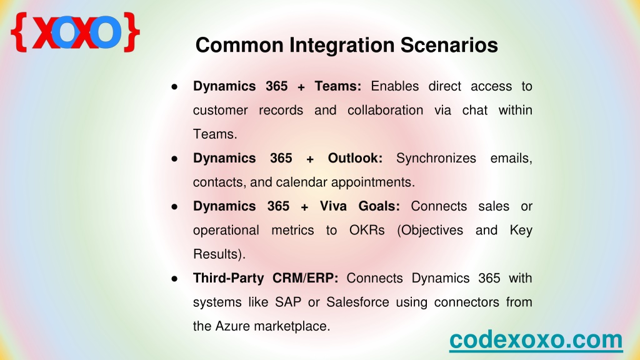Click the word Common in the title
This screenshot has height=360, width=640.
click(239, 45)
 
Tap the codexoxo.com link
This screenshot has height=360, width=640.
click(536, 339)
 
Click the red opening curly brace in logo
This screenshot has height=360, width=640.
click(19, 32)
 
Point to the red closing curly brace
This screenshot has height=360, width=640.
click(131, 32)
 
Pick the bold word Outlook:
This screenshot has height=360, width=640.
click(355, 158)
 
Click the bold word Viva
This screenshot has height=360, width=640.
click(333, 206)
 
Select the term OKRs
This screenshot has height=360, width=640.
click(366, 230)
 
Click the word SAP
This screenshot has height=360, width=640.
click(288, 302)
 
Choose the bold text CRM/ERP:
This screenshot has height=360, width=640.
click(305, 278)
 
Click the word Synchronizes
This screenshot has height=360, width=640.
click(436, 158)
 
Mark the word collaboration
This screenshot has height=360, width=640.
click(385, 110)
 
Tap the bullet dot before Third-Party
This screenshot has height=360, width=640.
click(175, 279)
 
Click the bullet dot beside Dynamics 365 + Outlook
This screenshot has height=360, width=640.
click(175, 159)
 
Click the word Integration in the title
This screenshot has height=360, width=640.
click(342, 45)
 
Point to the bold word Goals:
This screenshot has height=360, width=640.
click(379, 206)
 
